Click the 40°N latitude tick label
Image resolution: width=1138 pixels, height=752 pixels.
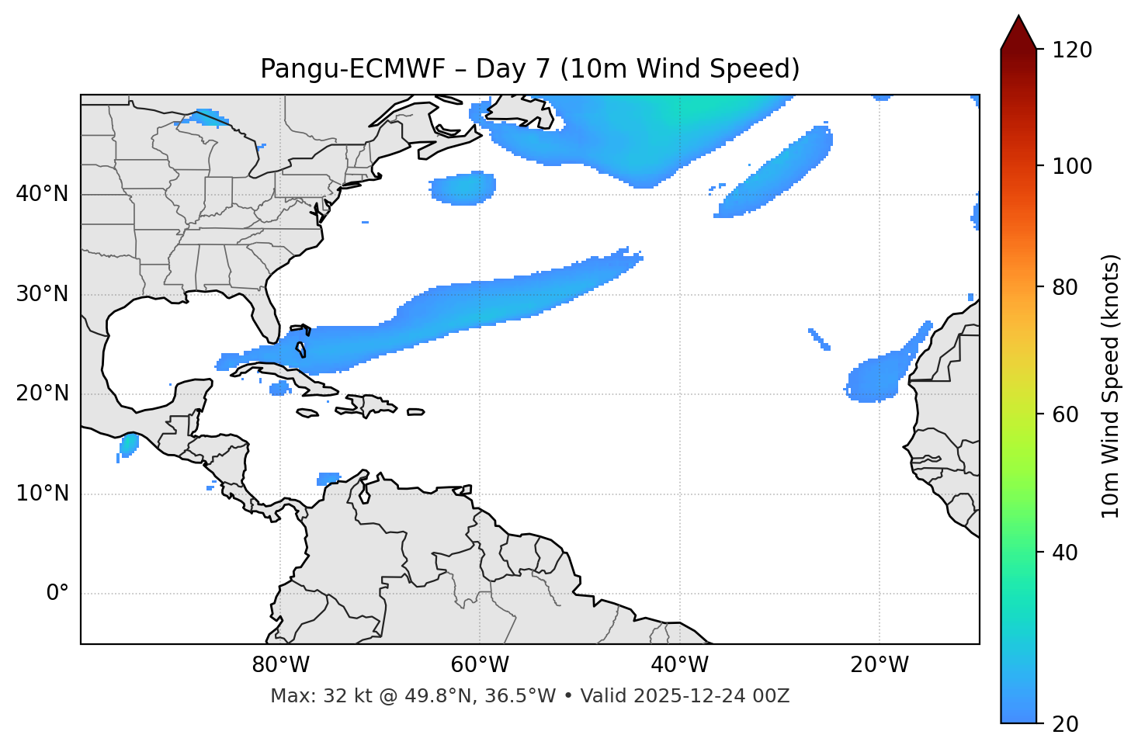(x=42, y=194)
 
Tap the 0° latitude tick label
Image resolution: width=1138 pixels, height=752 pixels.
(x=57, y=594)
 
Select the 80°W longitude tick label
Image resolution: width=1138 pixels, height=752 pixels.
(x=280, y=665)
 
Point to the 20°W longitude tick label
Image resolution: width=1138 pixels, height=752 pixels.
(x=879, y=665)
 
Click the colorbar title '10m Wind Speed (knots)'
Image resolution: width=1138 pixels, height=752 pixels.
(x=1111, y=386)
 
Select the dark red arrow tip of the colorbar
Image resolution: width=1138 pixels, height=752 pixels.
(x=1018, y=31)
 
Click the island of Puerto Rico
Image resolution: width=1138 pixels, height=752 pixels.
(x=416, y=412)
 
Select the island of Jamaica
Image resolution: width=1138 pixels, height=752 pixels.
(x=307, y=413)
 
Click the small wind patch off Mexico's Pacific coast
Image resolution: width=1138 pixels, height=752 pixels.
(x=128, y=444)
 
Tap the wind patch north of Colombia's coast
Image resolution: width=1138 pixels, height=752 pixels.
(x=329, y=478)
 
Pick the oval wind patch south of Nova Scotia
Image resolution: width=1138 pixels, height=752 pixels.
(x=463, y=188)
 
